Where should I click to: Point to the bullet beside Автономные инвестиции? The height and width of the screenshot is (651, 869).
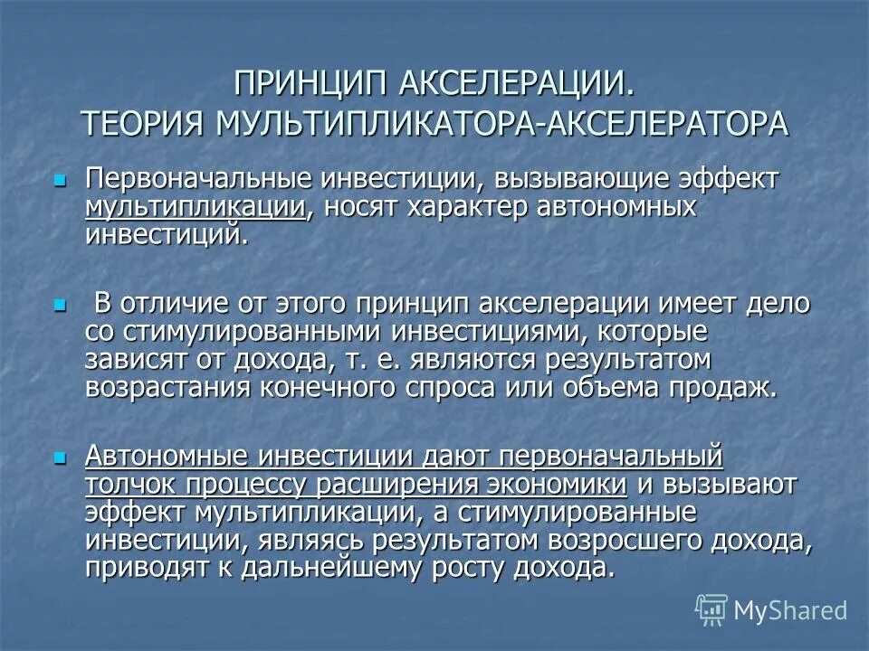pos(61,458)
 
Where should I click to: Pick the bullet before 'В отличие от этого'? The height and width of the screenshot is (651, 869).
pos(61,305)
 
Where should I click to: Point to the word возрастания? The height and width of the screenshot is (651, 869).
pos(155,388)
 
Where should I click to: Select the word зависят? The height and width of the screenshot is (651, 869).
pos(132,359)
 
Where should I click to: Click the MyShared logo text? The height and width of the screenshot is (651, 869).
pos(790,609)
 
